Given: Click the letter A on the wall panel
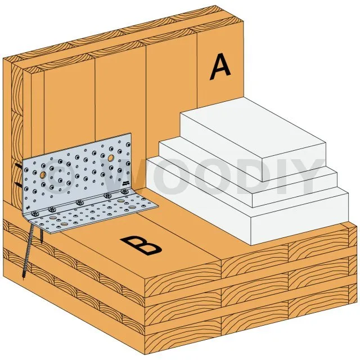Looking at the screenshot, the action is point(220,67).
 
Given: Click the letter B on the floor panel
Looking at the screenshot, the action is point(141,245).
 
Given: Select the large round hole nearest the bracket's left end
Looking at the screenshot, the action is point(43,175).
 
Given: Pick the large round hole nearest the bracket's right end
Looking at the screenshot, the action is point(111,157).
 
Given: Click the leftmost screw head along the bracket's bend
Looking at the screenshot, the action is point(35,214).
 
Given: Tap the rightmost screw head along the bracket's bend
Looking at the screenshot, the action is point(125,191).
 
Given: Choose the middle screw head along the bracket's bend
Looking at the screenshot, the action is point(79,202).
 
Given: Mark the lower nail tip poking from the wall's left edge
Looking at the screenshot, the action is point(19,184).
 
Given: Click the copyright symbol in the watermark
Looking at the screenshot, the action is point(57,175).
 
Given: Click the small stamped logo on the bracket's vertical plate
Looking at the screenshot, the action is point(125,183).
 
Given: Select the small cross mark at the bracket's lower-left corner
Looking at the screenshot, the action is point(28,208).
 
